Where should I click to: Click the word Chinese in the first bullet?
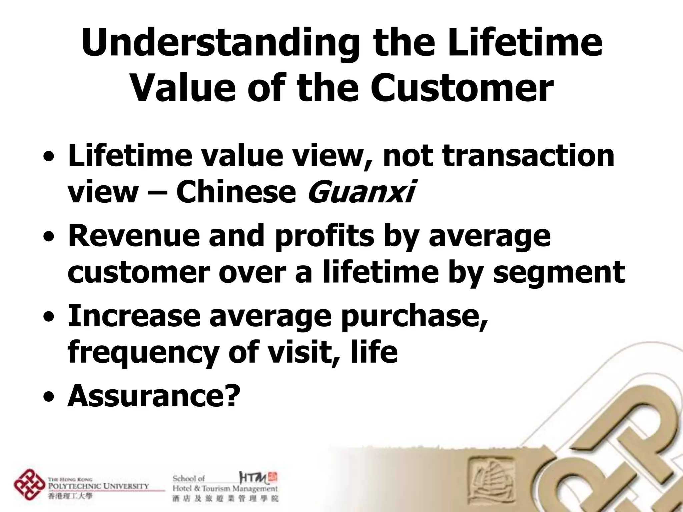coord(236,192)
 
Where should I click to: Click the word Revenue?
coord(133,236)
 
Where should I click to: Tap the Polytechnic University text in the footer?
coord(98,486)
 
